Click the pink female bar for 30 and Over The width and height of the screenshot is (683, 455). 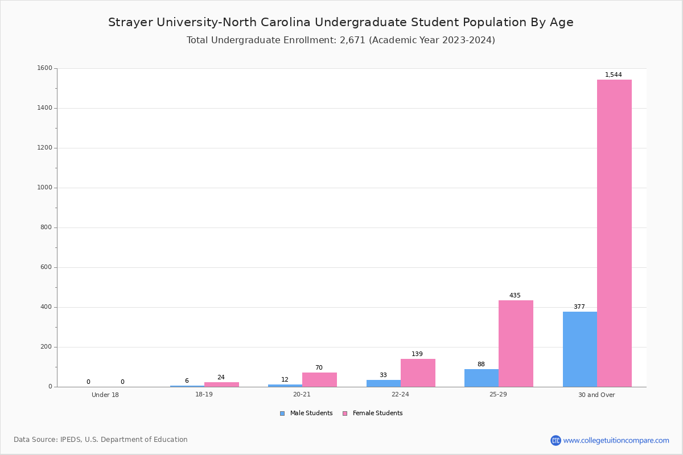[x=614, y=233]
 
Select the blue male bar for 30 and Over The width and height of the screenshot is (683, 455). [x=580, y=349]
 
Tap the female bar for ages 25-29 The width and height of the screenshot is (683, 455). [x=516, y=344]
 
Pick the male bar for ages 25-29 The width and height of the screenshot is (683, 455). [x=482, y=378]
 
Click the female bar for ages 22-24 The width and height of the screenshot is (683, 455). [x=418, y=373]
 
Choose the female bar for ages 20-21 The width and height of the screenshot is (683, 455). [x=319, y=380]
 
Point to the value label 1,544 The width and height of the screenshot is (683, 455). [x=613, y=75]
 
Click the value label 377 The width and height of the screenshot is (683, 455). [x=579, y=307]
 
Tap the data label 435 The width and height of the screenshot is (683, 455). [x=515, y=295]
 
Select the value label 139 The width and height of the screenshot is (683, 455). [x=417, y=354]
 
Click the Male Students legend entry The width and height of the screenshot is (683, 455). [x=306, y=413]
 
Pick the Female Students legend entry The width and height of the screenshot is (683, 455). [x=373, y=413]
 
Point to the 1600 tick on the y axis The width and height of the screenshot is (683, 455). [x=45, y=68]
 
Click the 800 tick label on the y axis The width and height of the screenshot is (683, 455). [x=46, y=227]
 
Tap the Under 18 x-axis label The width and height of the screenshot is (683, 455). [x=105, y=395]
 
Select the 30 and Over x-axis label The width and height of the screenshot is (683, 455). [x=596, y=395]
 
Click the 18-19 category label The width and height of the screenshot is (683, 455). [x=204, y=394]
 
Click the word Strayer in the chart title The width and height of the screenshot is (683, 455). [x=130, y=23]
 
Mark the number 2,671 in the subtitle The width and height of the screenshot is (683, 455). [x=352, y=40]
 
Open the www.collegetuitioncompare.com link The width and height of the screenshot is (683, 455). [x=616, y=440]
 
